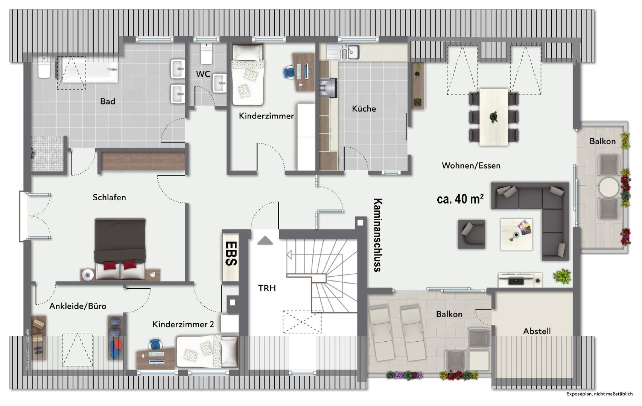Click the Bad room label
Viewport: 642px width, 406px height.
(x=108, y=101)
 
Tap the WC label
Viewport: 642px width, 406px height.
(x=203, y=74)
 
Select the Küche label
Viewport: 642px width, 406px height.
(x=364, y=109)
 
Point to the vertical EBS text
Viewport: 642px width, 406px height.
(x=231, y=254)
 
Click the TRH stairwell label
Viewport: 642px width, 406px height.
(x=267, y=288)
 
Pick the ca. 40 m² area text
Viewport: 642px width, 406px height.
(x=460, y=199)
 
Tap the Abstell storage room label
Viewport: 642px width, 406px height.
(x=537, y=331)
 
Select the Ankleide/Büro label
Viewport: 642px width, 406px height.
(x=78, y=306)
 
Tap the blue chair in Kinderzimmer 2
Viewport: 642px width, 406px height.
(x=155, y=344)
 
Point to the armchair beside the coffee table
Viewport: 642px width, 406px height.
(x=472, y=234)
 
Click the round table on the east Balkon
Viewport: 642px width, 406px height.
(x=609, y=188)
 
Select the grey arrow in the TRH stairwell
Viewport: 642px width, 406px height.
(x=265, y=240)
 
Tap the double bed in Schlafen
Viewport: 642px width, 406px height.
(x=120, y=249)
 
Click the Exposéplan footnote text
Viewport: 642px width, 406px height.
(x=599, y=394)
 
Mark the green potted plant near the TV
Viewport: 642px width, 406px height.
(x=562, y=276)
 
